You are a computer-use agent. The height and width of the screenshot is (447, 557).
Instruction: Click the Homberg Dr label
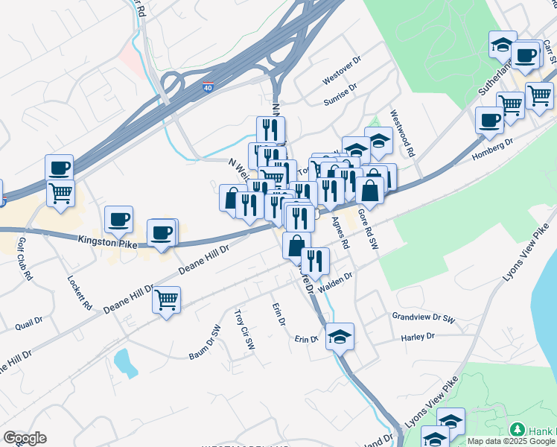click(x=493, y=148)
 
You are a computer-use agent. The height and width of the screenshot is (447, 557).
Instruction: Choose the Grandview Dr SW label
click(x=424, y=317)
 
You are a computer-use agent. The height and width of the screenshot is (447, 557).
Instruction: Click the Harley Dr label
click(x=417, y=337)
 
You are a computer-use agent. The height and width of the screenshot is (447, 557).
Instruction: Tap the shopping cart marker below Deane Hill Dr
click(x=166, y=299)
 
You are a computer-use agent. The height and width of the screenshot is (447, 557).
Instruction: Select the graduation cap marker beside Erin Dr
click(x=340, y=336)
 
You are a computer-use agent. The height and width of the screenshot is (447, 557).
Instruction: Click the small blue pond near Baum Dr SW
click(x=121, y=362)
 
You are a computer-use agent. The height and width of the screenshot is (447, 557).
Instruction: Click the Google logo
click(x=25, y=438)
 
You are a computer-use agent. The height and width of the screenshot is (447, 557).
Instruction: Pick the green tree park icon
click(x=517, y=430)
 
